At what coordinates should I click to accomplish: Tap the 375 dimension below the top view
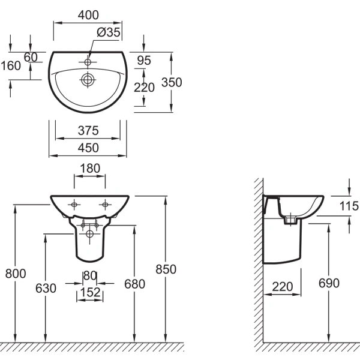pyautogui.click(x=88, y=131)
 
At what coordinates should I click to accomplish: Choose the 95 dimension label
pyautogui.click(x=144, y=60)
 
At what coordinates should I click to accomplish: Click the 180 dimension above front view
pyautogui.click(x=89, y=169)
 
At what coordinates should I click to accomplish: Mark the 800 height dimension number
pyautogui.click(x=16, y=274)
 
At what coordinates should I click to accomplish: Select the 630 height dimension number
pyautogui.click(x=46, y=289)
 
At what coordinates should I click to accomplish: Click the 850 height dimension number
pyautogui.click(x=165, y=269)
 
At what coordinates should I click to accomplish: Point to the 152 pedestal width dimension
pyautogui.click(x=89, y=293)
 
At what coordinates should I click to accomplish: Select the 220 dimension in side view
pyautogui.click(x=281, y=287)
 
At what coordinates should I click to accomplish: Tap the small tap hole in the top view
pyautogui.click(x=88, y=62)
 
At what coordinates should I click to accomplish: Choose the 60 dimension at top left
pyautogui.click(x=31, y=57)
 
